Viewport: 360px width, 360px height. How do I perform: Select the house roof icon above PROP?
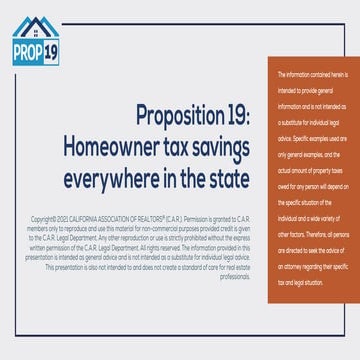[x=34, y=26]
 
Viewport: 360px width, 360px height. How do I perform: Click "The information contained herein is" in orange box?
[x=310, y=75]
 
